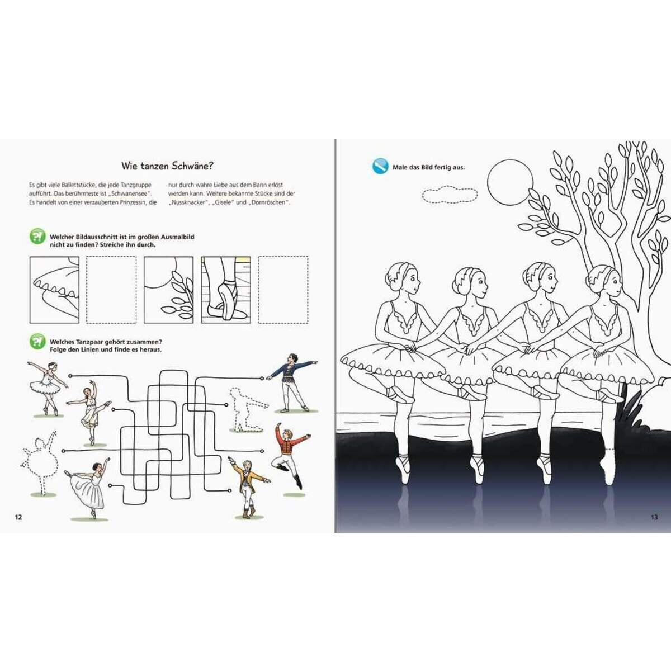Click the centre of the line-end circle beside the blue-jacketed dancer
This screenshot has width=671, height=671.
[x=262, y=378]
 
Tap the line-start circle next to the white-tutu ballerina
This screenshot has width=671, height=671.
[x=70, y=376]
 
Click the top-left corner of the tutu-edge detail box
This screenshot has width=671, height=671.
[x=30, y=257]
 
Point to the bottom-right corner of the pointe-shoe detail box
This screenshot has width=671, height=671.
[x=251, y=323]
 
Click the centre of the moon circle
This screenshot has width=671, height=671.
[x=510, y=183]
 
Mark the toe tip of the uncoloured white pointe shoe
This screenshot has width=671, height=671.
[x=608, y=484]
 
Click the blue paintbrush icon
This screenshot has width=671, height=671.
[x=380, y=166]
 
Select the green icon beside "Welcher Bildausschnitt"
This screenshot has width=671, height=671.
[x=37, y=237]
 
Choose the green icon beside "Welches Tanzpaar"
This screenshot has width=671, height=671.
[x=37, y=342]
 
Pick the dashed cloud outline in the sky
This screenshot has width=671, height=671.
[x=450, y=194]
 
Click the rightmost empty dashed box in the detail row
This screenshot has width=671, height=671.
[x=283, y=290]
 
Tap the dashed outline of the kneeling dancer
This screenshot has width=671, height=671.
[x=248, y=410]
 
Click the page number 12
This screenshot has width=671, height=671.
[x=18, y=517]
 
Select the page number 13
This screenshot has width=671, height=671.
[x=654, y=517]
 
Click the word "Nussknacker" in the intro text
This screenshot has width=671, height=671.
[x=188, y=202]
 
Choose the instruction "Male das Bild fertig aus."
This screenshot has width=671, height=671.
[x=429, y=168]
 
